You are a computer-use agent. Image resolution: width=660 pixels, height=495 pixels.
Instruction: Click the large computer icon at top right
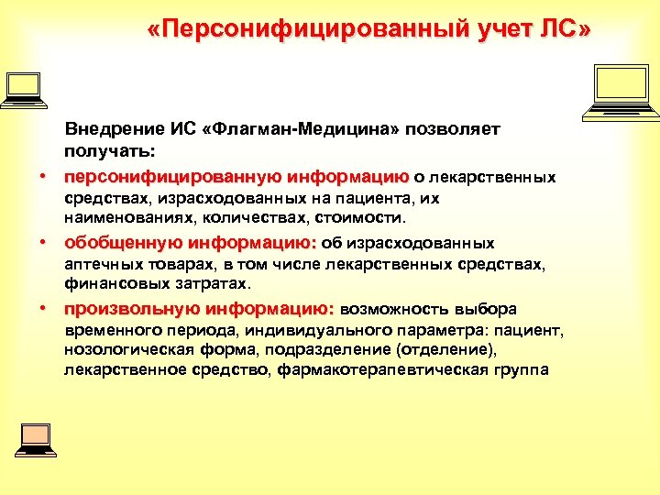click(x=621, y=93)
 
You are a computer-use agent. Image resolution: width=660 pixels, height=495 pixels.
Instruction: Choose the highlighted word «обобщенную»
click(x=123, y=244)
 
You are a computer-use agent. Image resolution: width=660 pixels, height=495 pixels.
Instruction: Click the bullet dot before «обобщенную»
click(x=42, y=244)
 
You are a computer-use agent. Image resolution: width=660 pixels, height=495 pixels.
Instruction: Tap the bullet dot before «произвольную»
click(x=42, y=308)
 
